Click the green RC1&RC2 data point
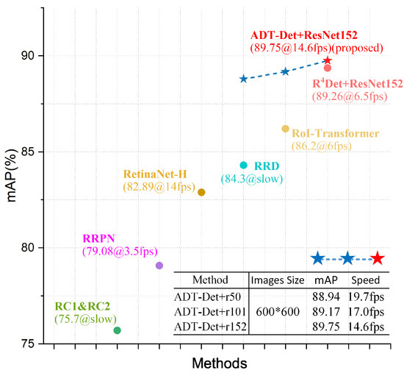click(118, 330)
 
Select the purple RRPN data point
click(159, 266)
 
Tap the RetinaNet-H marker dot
click(201, 192)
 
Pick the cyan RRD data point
click(244, 165)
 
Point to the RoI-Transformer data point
click(286, 129)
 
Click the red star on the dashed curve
click(328, 60)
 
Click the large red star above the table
click(378, 257)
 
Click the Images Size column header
click(276, 280)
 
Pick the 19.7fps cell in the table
click(365, 296)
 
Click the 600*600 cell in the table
click(276, 311)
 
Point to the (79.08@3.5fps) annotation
click(120, 252)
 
